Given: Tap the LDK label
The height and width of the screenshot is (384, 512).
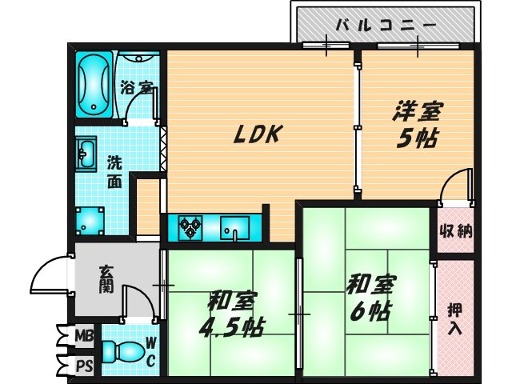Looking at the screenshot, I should point(256,135).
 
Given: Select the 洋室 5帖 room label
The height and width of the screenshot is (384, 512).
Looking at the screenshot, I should point(417,123).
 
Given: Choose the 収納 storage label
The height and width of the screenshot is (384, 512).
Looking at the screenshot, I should point(455,233).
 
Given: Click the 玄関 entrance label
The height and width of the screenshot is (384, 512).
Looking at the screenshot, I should point(106,279).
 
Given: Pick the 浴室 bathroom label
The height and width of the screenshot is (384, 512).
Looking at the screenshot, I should point(134,87).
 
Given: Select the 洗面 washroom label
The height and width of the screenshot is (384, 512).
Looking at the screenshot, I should point(115,170).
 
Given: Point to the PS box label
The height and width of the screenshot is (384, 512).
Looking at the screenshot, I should point(83,366).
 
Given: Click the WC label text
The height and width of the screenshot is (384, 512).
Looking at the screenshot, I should point(150,352).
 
